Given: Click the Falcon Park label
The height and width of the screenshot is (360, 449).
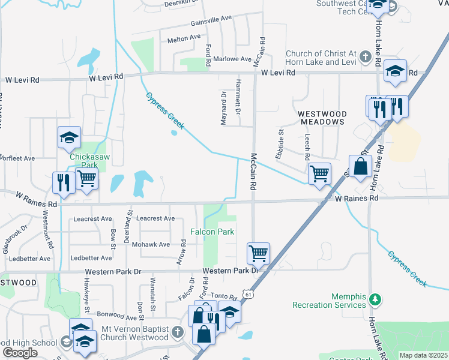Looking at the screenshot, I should (212, 232).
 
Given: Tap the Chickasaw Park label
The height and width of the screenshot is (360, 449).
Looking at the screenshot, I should (83, 160).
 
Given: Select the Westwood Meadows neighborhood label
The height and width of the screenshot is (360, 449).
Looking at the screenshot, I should (322, 118).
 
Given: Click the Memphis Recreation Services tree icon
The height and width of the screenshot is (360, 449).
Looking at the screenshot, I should (375, 298).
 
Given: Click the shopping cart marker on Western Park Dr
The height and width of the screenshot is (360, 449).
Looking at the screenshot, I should (258, 253).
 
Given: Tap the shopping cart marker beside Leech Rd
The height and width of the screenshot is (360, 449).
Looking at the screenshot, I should (320, 174).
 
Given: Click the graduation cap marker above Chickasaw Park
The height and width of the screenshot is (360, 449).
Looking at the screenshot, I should (69, 137).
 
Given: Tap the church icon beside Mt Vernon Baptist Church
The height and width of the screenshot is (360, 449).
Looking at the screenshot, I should (176, 332).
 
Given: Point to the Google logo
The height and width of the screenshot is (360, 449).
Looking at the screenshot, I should (19, 353).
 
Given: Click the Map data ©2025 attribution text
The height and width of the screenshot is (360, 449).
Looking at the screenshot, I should (423, 355).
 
